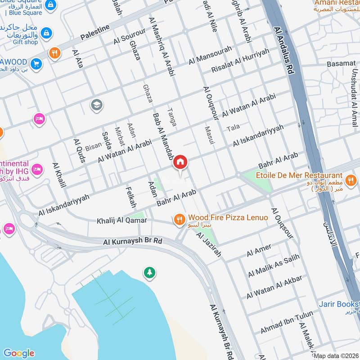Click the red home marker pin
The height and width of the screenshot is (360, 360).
(180, 162)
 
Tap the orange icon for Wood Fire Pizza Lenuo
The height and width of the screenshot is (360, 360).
(179, 219)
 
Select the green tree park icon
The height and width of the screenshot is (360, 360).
(148, 272)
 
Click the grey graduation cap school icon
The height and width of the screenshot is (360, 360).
(96, 105)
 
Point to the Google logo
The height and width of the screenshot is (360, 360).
(18, 353)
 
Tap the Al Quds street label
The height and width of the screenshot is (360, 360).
(78, 147)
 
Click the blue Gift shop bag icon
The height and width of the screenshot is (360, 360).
(45, 32)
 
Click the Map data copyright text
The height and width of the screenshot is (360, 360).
(335, 356)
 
